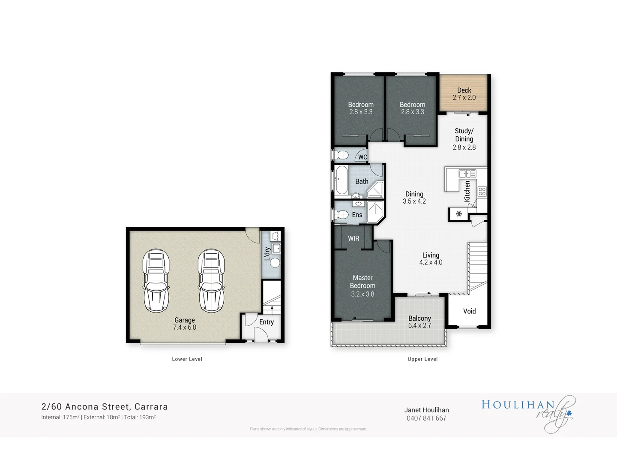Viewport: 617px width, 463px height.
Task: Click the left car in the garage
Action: (x=156, y=280)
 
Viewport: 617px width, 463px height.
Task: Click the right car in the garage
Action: (x=211, y=280)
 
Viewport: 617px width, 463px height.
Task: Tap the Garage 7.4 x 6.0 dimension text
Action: (x=185, y=328)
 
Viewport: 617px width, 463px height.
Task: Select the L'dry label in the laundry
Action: (x=267, y=253)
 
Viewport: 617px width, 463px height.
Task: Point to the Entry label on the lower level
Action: (x=266, y=322)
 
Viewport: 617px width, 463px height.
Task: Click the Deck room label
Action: (x=464, y=90)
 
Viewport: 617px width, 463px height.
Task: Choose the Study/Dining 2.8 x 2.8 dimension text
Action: (x=464, y=147)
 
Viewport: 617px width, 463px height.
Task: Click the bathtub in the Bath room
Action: (x=341, y=180)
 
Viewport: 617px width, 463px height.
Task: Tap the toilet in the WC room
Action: (x=342, y=155)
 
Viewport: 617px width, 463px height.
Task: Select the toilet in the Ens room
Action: (x=342, y=214)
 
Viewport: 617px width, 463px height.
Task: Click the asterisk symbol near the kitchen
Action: (x=459, y=214)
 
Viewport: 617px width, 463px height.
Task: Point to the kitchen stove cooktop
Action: (x=482, y=191)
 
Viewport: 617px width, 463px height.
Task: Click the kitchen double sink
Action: (x=467, y=174)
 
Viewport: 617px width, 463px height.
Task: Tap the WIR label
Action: (x=353, y=238)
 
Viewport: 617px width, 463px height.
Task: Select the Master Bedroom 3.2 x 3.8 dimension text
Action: (x=362, y=294)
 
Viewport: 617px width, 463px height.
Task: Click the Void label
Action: (x=469, y=311)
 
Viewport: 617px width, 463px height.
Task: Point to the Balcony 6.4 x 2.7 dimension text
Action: (x=419, y=325)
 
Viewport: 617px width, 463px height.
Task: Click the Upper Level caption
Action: (x=422, y=359)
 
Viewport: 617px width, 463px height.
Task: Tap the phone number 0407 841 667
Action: (x=426, y=418)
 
